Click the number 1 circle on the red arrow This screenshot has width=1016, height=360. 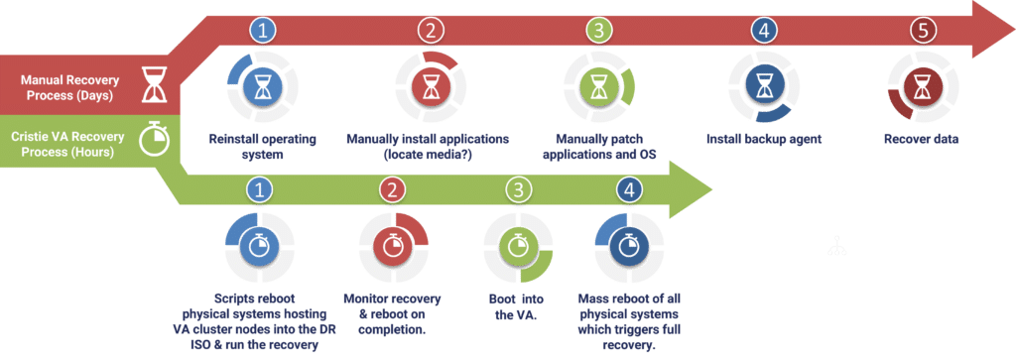click(261, 31)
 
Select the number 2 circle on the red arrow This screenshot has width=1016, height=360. click(429, 31)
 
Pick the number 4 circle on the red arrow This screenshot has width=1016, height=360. click(762, 31)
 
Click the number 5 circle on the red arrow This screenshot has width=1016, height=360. click(922, 31)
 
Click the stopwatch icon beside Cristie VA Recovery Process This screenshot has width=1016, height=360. click(153, 139)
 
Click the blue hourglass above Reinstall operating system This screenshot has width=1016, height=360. click(261, 87)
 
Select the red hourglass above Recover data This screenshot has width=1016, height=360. click(922, 87)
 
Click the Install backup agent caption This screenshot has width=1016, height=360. click(763, 139)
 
